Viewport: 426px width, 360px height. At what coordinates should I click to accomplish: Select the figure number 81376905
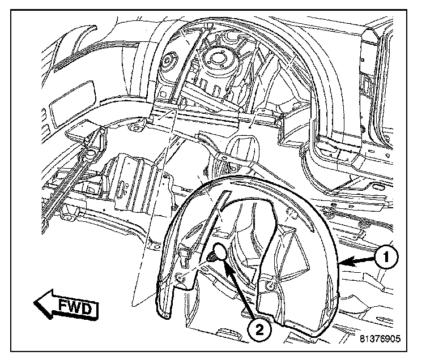tap(379, 340)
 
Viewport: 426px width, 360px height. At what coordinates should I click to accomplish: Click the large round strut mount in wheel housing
tap(217, 59)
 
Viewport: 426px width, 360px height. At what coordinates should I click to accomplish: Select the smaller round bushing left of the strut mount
tap(168, 61)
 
